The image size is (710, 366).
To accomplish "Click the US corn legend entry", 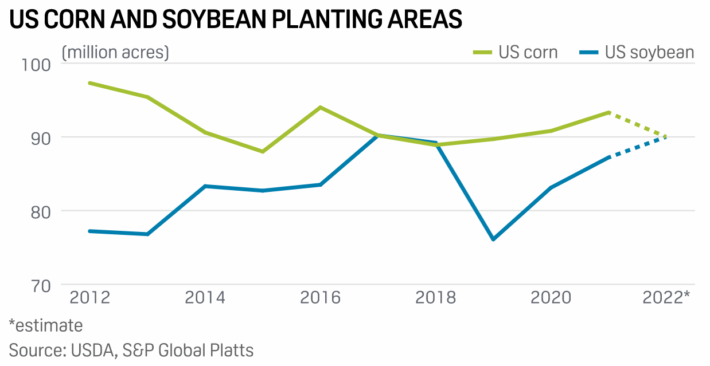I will [x=515, y=53].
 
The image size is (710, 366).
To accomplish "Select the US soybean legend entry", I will [x=637, y=53].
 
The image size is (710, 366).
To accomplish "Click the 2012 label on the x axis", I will [x=90, y=298].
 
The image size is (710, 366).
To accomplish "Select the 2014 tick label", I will [x=205, y=298].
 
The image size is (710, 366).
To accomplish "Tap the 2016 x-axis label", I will [x=320, y=298].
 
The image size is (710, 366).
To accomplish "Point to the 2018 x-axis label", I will [x=435, y=298].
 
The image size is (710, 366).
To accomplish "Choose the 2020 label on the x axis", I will [x=551, y=298].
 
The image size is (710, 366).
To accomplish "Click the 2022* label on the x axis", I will [x=666, y=298].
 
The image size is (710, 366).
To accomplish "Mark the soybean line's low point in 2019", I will [x=493, y=239].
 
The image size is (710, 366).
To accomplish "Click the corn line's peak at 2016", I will [x=320, y=107].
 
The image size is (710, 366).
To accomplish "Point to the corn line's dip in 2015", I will [x=263, y=152].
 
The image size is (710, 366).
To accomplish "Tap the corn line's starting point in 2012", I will [x=90, y=83].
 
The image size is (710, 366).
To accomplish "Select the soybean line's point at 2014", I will [x=205, y=186].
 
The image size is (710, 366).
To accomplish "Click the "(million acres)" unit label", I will [x=115, y=53].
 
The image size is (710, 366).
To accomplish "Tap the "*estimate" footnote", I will [x=46, y=326].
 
